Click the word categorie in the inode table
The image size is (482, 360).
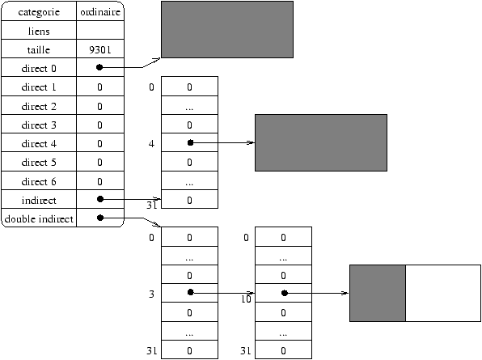coord(39,12)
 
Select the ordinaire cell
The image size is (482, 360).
coord(100,11)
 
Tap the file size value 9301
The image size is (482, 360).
coord(100,50)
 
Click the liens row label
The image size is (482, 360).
coord(39,31)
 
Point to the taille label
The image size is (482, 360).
coord(39,50)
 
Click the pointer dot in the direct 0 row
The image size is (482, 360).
coord(99,67)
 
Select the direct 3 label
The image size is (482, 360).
coord(39,125)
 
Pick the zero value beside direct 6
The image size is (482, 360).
coord(99,182)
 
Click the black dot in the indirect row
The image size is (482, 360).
coord(100,199)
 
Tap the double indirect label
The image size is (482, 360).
coord(39,219)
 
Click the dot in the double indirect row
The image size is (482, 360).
coord(100,218)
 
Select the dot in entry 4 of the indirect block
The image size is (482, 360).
coord(190,142)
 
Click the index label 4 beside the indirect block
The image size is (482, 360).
coord(151,144)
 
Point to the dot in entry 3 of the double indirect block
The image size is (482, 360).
coord(191,292)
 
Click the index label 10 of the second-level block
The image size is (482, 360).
coord(246,299)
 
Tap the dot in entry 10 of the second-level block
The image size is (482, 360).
coord(285,293)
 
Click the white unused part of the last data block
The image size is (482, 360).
coord(443,294)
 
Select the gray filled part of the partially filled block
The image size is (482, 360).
coord(378,294)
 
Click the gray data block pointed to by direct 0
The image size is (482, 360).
coord(227,29)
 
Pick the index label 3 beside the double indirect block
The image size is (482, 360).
coord(151,294)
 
